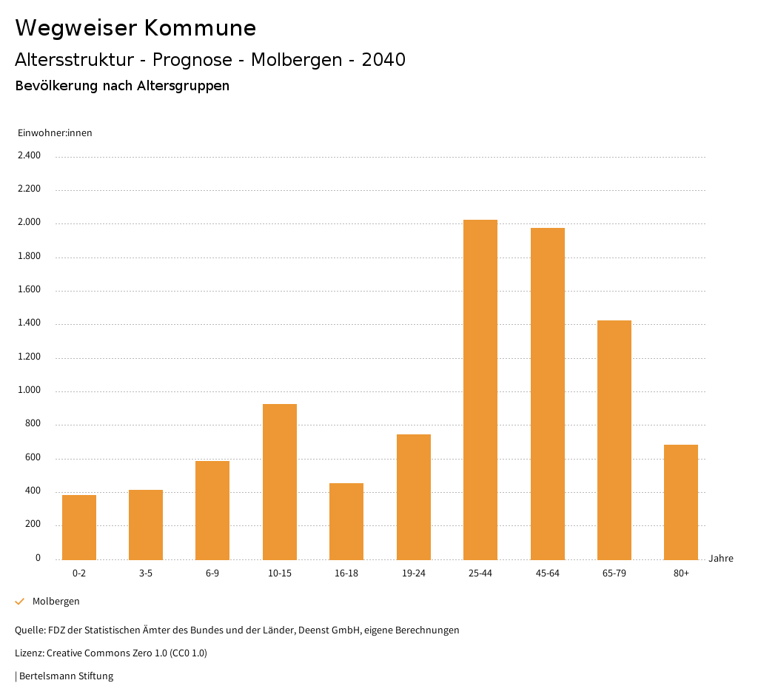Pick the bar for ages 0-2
tap(79, 527)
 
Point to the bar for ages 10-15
tap(280, 482)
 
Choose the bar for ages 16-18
tap(346, 521)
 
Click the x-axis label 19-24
tap(413, 573)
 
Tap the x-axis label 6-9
tap(212, 573)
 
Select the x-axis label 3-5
tap(146, 573)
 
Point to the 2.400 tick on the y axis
tap(29, 155)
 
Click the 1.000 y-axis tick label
tap(29, 391)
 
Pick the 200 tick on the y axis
tap(33, 525)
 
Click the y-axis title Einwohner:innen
tap(55, 133)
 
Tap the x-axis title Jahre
tap(721, 559)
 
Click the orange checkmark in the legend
tap(20, 602)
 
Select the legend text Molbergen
tap(56, 602)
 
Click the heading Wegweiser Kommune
tap(135, 28)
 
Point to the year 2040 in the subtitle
tap(383, 60)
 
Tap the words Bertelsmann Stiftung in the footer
tap(66, 676)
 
